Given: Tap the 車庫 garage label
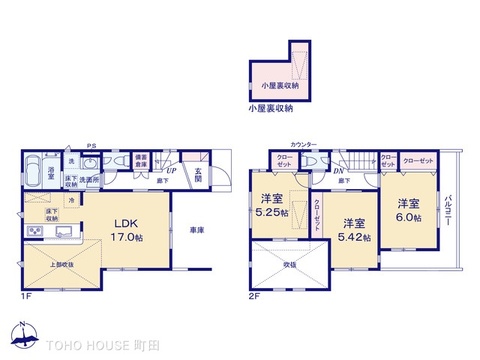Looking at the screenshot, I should pyautogui.click(x=198, y=231).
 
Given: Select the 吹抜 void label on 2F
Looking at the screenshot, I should pyautogui.click(x=288, y=265).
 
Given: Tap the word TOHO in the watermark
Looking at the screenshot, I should pyautogui.click(x=66, y=343).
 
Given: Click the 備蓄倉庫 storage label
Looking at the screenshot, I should pyautogui.click(x=142, y=160).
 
